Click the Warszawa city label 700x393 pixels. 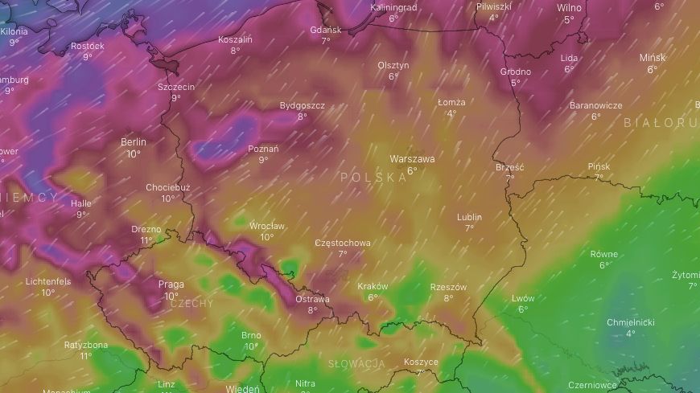412,159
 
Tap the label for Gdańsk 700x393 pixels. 326,30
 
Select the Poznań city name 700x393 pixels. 263,149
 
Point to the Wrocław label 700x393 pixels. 266,226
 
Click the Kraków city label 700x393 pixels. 373,286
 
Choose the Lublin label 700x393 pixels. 469,217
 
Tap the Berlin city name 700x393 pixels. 134,142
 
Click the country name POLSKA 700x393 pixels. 373,177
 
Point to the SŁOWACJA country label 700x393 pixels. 356,364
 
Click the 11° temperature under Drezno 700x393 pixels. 146,240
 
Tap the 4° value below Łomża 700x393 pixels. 451,113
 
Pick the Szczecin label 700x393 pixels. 176,87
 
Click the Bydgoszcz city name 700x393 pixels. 302,105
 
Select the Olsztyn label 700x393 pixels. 393,66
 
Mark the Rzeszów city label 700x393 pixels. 449,287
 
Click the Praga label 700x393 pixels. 171,285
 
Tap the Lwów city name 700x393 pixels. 523,299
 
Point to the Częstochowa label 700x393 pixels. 343,243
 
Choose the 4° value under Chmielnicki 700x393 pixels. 631,334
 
